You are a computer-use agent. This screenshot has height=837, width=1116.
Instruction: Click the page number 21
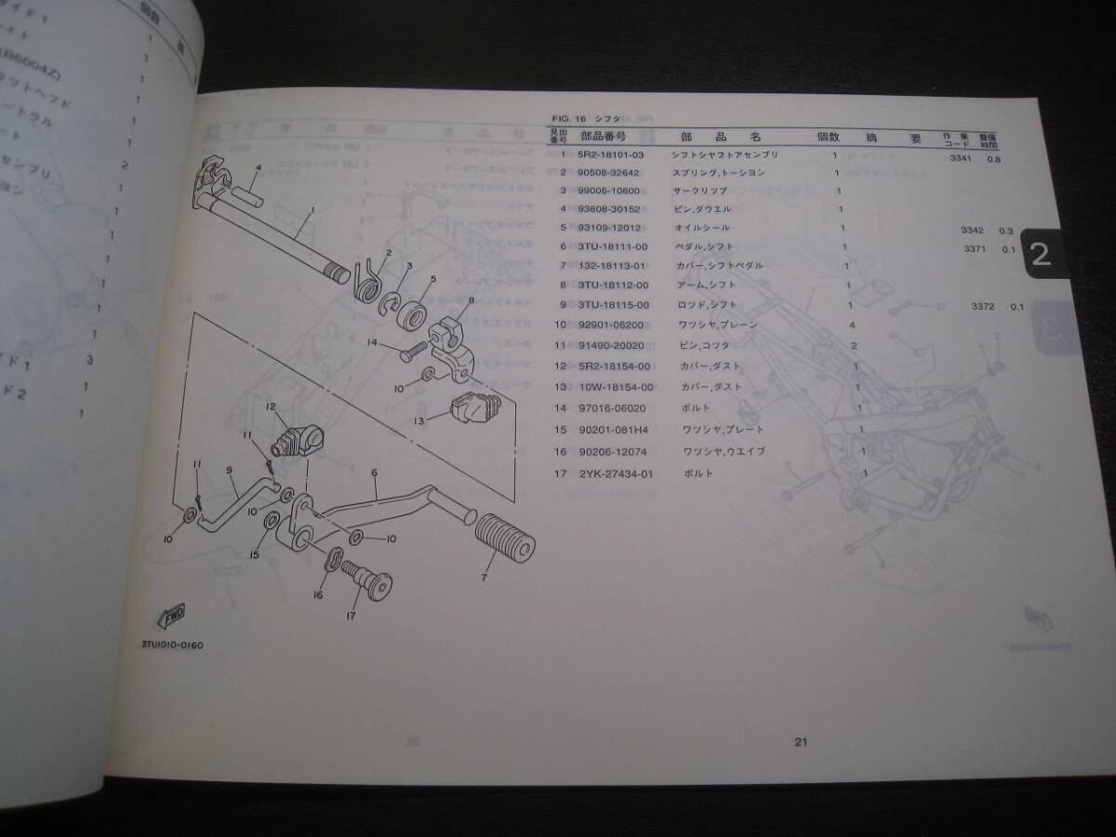[801, 741]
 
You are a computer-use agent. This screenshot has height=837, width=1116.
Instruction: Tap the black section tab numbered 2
[1041, 254]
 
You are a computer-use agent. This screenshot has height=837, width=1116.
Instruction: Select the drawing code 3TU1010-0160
[172, 644]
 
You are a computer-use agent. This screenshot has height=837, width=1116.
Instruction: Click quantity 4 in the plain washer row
[852, 325]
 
